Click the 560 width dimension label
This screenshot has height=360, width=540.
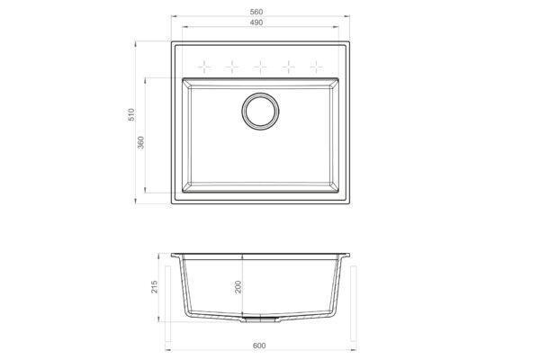click(256, 12)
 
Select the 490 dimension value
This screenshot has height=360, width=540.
click(256, 22)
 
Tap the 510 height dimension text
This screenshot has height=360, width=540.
click(131, 114)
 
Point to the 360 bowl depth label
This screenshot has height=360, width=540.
click(140, 142)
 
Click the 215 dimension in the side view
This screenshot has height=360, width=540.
click(154, 286)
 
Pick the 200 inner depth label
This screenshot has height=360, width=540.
click(238, 286)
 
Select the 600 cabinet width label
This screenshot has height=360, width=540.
click(259, 346)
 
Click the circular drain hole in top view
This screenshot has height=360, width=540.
click(260, 111)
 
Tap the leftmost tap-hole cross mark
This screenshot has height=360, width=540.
click(204, 67)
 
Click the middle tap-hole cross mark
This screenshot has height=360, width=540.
click(260, 67)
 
